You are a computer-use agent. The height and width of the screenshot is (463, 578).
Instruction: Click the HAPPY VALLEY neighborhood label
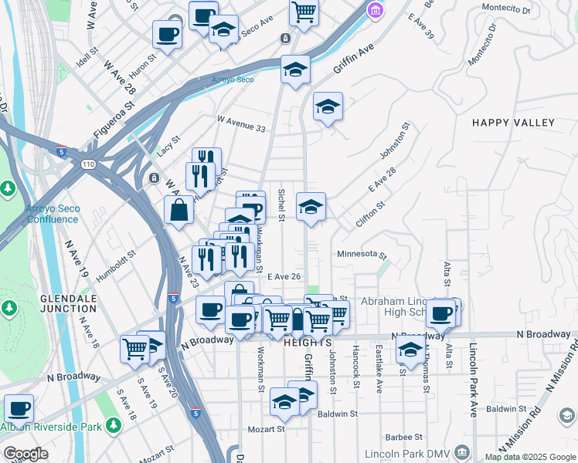[x=513, y=123]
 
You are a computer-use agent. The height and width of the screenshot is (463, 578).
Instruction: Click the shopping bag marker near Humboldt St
[x=179, y=210]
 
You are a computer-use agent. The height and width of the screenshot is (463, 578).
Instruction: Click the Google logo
[x=25, y=454]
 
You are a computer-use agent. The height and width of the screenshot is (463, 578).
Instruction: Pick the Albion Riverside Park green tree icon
[x=114, y=425]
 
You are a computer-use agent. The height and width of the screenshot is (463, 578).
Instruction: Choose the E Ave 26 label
[x=283, y=276]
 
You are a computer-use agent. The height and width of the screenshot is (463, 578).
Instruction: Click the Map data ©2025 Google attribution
[x=529, y=457]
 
